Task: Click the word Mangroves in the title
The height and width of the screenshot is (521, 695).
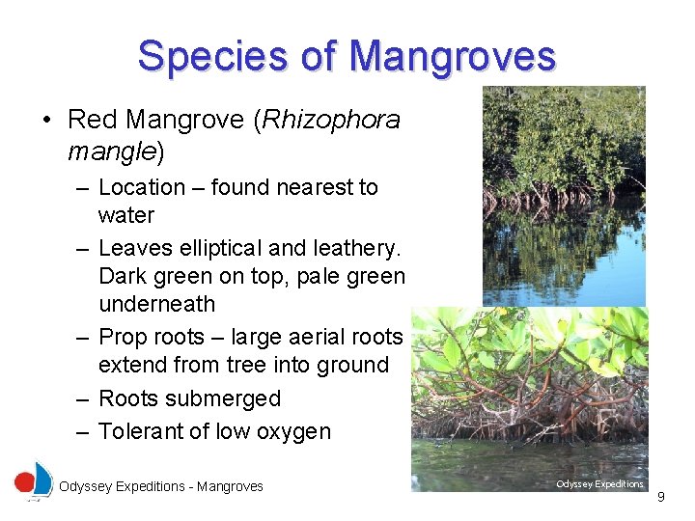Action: coord(453,56)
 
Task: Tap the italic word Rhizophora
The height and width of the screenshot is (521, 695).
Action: coord(330,120)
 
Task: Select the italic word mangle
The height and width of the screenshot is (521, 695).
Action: coord(110,151)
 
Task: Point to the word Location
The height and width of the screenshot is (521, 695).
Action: coord(142,187)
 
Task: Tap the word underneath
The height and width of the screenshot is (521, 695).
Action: coord(157,304)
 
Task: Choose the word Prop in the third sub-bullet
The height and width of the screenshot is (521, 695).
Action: coord(123,337)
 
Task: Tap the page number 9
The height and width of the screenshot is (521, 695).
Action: coord(661,497)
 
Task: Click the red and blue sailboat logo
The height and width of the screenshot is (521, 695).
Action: coord(34,480)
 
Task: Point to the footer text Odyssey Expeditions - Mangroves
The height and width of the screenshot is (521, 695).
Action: coord(160,486)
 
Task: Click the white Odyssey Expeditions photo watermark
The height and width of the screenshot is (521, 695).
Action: coord(599,484)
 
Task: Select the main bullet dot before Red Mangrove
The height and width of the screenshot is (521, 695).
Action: coord(46,121)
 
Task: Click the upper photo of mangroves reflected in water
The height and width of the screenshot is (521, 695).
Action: coord(564,193)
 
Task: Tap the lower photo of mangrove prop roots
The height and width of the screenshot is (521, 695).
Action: coord(529,396)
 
